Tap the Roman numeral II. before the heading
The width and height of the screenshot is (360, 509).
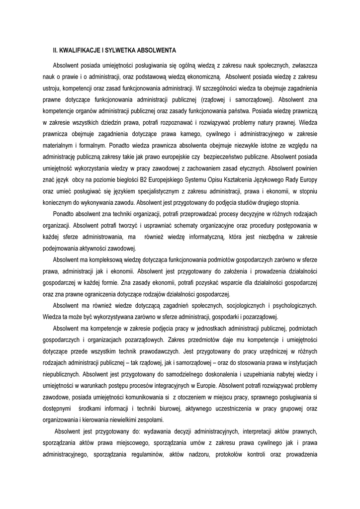(56, 50)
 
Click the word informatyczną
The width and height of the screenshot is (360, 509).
(199, 237)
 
